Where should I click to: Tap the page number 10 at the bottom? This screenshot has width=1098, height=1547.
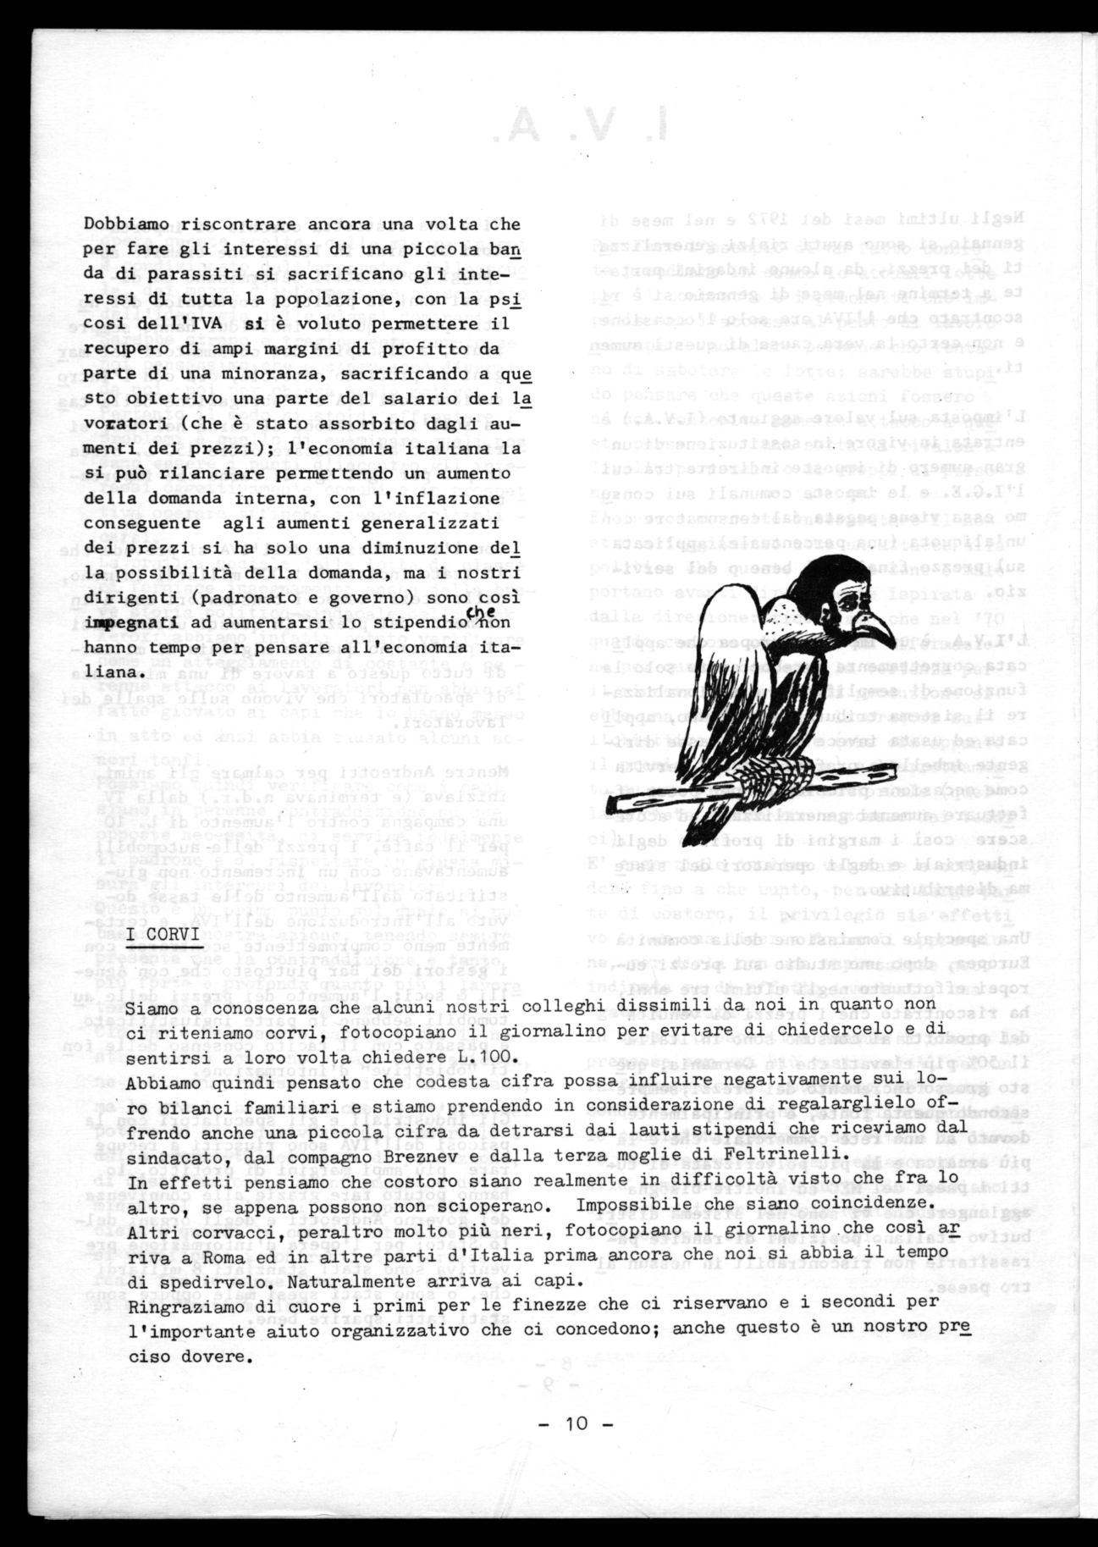(x=577, y=1422)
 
